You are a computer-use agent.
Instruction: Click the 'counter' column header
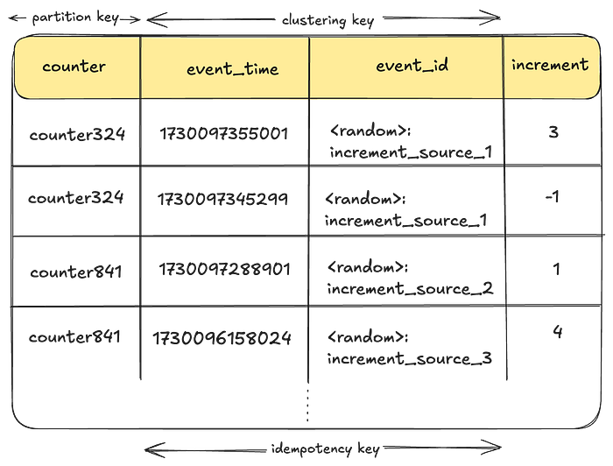74,67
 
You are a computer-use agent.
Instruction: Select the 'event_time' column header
233,69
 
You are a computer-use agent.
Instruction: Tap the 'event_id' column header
412,65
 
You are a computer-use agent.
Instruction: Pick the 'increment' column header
550,65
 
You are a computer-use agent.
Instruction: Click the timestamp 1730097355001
224,134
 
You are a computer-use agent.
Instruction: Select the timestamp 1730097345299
222,200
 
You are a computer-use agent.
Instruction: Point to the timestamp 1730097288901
224,270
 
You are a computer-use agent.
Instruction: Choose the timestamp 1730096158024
222,338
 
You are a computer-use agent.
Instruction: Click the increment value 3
553,132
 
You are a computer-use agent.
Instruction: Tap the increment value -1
552,196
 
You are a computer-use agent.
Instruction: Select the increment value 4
558,332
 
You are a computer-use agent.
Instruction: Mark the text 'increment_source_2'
410,289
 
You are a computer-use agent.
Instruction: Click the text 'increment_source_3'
410,358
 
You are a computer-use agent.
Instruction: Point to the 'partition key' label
75,18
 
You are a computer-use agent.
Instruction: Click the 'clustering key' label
328,20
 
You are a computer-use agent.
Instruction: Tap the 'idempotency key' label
325,448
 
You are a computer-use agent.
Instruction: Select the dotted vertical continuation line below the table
307,406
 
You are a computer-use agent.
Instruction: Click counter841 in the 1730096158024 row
74,336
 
